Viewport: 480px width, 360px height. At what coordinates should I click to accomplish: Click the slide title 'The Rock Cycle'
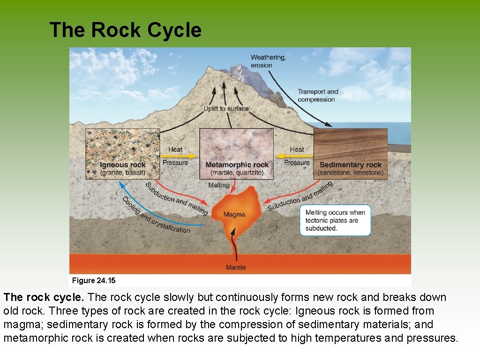pos(125,30)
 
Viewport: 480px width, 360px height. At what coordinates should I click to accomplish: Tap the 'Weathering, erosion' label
pos(268,61)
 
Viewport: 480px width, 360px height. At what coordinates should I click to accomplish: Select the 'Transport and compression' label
pos(318,95)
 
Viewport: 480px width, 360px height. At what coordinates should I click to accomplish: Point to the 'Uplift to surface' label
pos(226,109)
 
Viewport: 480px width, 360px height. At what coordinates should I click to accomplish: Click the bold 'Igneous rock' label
pos(122,165)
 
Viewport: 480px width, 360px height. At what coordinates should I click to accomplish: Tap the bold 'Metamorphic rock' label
pos(237,165)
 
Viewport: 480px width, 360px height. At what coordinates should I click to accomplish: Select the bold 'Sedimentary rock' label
pos(350,165)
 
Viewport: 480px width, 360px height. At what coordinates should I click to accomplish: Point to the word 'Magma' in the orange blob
pos(234,215)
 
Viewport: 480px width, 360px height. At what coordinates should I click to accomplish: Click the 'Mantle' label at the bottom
pos(236,267)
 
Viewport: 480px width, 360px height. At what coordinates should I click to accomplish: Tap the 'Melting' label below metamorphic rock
pos(219,185)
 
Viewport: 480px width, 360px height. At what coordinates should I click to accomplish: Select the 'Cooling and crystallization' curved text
pos(155,216)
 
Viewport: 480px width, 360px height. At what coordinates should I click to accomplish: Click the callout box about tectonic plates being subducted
pos(335,220)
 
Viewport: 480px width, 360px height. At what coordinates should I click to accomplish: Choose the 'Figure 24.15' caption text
pos(94,281)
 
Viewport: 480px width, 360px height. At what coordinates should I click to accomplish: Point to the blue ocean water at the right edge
pos(398,134)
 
